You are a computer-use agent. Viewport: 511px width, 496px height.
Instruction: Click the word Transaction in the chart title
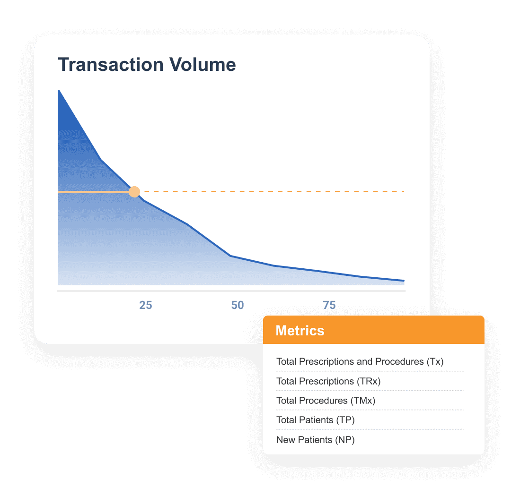111,64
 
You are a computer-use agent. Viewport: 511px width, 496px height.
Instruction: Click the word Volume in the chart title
203,64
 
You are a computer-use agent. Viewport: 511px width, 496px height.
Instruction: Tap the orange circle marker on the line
134,192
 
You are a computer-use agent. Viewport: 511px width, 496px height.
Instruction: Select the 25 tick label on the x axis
146,305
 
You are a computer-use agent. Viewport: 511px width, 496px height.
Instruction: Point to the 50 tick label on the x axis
238,305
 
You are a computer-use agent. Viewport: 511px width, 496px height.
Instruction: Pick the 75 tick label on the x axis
329,305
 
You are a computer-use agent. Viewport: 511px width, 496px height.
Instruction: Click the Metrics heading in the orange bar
300,330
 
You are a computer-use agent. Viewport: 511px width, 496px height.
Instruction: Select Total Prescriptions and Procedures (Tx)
360,361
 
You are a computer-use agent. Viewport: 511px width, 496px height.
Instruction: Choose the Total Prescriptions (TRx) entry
328,381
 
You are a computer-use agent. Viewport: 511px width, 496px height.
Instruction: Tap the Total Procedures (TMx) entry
326,400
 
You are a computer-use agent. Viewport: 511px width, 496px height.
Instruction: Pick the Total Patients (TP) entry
316,420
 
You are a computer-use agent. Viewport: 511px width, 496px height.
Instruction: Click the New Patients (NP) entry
316,440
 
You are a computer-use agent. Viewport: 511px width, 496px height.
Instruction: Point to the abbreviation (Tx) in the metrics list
435,361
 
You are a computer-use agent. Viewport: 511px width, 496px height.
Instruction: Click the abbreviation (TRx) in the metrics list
369,381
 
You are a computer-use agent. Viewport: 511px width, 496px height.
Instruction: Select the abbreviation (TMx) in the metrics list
363,400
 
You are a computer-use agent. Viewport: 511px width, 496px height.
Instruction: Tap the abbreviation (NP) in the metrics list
345,440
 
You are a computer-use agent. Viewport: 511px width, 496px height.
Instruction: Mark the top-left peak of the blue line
59,91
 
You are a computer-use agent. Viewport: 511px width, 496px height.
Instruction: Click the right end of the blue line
404,281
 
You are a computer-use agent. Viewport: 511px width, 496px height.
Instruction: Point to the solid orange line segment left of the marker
93,192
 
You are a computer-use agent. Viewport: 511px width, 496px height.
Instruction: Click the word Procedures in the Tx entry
399,361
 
